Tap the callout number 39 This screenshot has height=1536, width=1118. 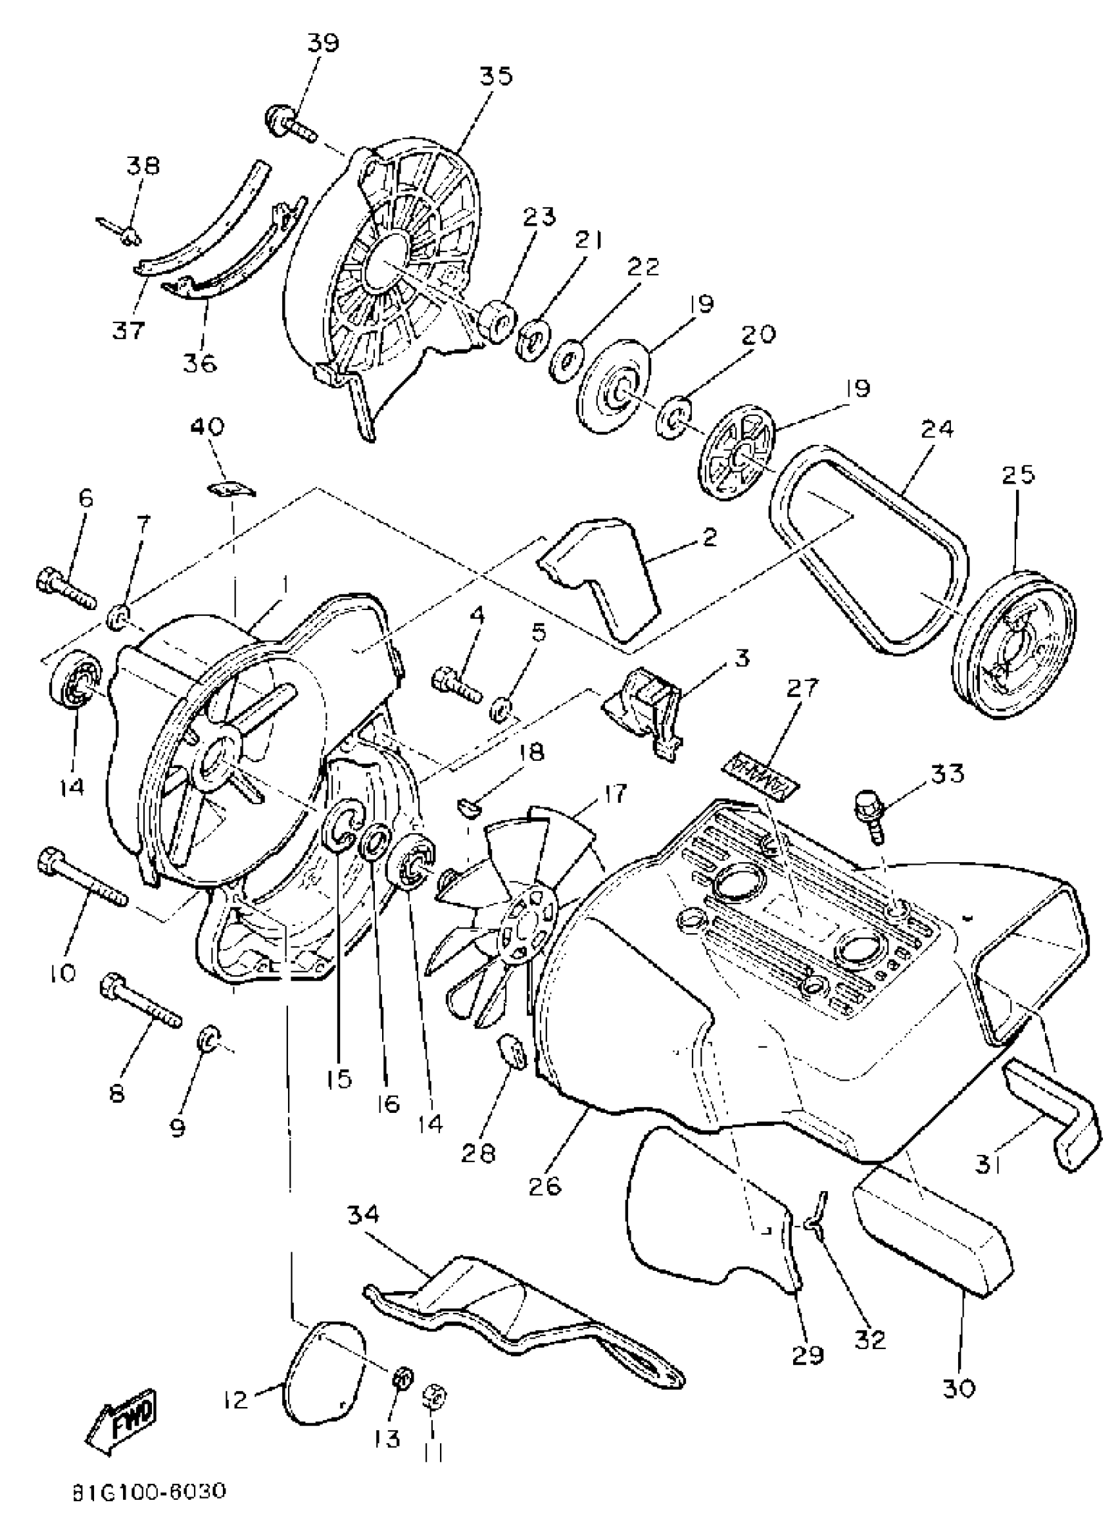point(324,43)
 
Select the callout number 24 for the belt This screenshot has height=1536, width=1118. point(936,429)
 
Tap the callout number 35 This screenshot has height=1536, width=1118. point(497,76)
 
